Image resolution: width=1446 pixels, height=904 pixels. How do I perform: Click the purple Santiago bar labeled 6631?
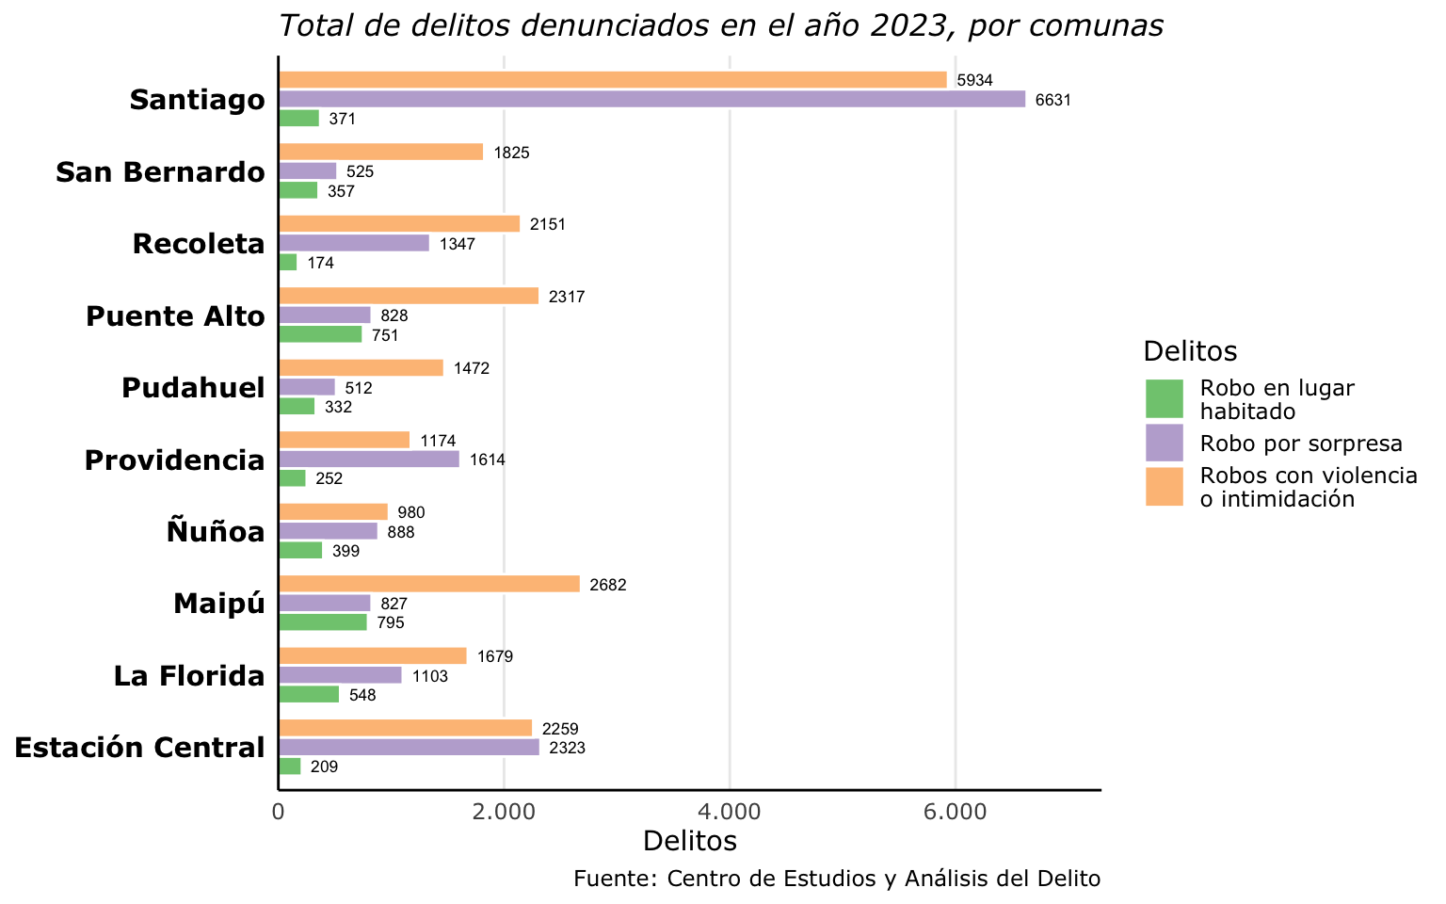point(651,99)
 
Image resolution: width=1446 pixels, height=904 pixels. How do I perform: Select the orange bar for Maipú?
point(429,584)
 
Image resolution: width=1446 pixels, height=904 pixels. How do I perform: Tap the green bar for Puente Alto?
point(320,334)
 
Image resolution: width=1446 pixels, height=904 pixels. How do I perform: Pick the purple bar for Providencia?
point(369,460)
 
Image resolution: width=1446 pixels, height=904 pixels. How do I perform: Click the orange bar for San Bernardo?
point(380,152)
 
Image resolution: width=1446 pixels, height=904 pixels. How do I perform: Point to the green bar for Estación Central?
point(290,767)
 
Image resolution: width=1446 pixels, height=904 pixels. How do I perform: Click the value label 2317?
point(567,297)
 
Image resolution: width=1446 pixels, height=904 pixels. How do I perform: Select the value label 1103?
point(430,676)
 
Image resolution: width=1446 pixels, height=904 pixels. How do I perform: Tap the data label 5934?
point(974,81)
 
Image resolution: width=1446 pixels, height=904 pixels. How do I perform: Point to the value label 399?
point(345,551)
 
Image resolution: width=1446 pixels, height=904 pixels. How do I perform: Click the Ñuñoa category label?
point(216,532)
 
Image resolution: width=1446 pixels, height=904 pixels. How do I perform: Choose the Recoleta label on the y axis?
point(199,244)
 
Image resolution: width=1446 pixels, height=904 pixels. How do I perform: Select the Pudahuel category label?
point(193,388)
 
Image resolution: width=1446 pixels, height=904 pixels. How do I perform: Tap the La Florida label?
point(189,676)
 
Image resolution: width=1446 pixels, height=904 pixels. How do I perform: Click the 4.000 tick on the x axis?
point(730,811)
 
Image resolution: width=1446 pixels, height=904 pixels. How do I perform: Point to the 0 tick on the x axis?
point(279,811)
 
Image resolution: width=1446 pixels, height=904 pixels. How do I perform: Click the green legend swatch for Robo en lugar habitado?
point(1165,399)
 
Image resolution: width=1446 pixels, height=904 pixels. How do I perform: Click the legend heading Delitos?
point(1190,351)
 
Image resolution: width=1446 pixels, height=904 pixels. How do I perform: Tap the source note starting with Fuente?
point(836,879)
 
